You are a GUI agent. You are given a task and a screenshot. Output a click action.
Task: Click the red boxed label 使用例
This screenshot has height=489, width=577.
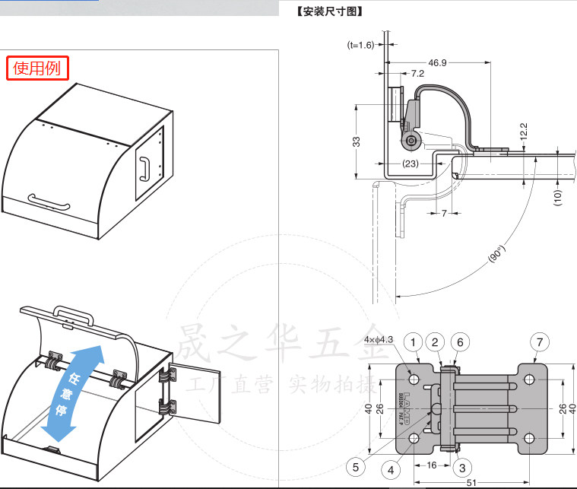38,68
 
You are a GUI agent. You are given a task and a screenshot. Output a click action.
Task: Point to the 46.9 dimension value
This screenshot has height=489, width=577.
437,62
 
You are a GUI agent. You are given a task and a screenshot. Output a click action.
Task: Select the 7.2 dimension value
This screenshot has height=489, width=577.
417,74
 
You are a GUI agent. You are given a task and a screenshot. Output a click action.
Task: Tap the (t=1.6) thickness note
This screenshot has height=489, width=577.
361,45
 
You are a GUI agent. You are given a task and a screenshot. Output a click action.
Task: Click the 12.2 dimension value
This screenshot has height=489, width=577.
523,131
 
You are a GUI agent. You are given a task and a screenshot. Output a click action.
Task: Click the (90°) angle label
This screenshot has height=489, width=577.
496,254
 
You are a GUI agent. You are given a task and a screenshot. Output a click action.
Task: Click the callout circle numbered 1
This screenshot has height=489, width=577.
413,342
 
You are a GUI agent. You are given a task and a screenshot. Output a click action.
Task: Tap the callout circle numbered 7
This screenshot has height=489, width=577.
539,342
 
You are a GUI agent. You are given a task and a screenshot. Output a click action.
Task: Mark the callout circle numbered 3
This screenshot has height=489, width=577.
462,466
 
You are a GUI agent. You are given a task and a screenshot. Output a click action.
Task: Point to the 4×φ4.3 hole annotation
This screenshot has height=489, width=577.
378,340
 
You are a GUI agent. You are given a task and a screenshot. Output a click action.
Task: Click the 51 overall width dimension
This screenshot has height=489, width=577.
472,481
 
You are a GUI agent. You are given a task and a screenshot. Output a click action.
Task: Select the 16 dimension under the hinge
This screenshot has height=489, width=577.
431,463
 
